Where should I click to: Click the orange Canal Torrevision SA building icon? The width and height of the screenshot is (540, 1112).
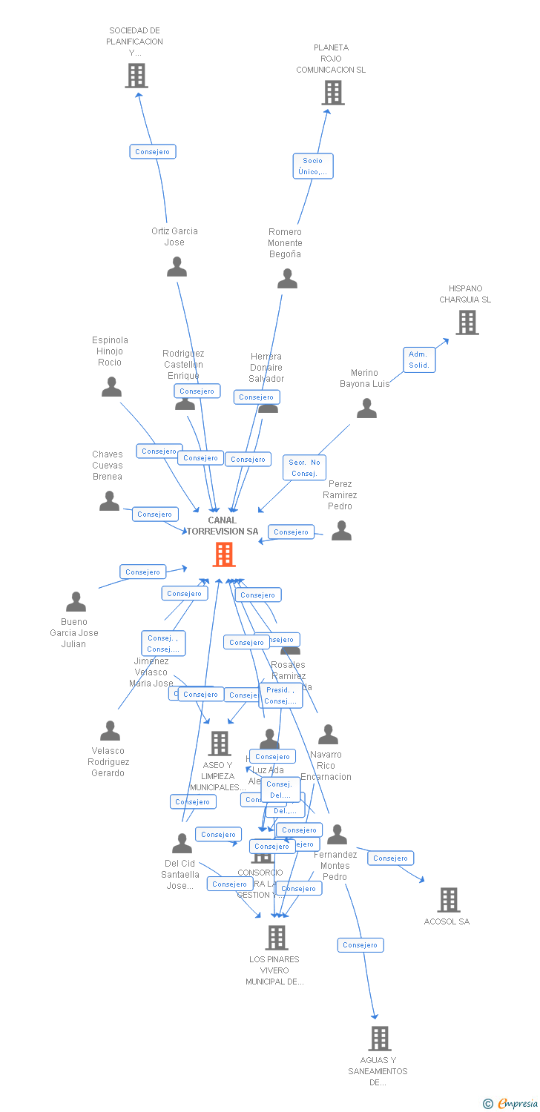pyautogui.click(x=223, y=554)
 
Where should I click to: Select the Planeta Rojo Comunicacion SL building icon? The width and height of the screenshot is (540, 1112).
pyautogui.click(x=333, y=93)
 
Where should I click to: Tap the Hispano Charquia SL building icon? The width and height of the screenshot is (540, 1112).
pyautogui.click(x=467, y=322)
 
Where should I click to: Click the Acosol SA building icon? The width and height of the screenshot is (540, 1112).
pyautogui.click(x=449, y=899)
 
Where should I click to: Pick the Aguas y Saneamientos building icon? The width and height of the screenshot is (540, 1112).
pyautogui.click(x=379, y=1038)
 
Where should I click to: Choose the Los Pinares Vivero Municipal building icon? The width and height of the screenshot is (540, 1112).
pyautogui.click(x=276, y=938)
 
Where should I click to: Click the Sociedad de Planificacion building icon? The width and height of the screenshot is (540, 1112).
pyautogui.click(x=136, y=76)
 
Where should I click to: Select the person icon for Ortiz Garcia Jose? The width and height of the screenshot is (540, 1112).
pyautogui.click(x=177, y=267)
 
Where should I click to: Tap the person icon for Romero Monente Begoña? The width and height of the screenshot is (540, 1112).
pyautogui.click(x=287, y=279)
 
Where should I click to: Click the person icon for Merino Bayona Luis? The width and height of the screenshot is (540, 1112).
pyautogui.click(x=366, y=408)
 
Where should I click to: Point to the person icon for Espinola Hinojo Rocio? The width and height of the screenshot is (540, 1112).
pyautogui.click(x=111, y=387)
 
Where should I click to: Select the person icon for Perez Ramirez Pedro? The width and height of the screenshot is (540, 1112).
pyautogui.click(x=341, y=531)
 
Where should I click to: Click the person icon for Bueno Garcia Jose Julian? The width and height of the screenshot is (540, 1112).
pyautogui.click(x=76, y=602)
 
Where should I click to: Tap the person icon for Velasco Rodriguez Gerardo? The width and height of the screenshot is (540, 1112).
pyautogui.click(x=110, y=731)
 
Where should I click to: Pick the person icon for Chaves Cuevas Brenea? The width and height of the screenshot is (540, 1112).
pyautogui.click(x=109, y=501)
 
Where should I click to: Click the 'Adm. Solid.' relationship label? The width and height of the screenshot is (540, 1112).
pyautogui.click(x=419, y=360)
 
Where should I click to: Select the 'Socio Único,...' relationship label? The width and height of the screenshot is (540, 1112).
pyautogui.click(x=312, y=166)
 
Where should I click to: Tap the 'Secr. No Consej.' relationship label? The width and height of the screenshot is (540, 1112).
pyautogui.click(x=304, y=468)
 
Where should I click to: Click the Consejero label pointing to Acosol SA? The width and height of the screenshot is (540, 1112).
pyautogui.click(x=390, y=858)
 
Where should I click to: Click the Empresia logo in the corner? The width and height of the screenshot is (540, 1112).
pyautogui.click(x=511, y=1104)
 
